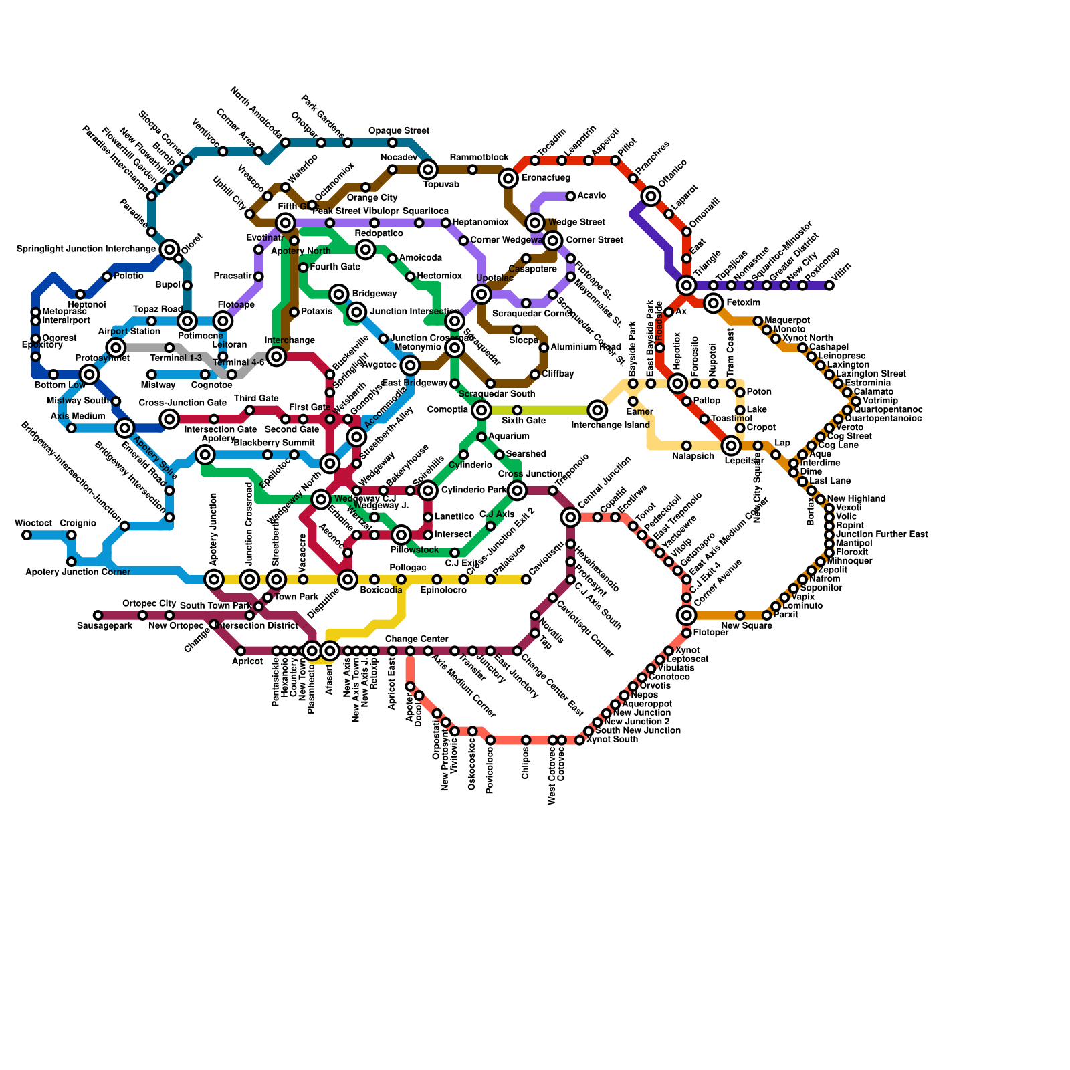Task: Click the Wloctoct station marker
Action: pos(27,535)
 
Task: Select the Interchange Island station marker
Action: pos(597,410)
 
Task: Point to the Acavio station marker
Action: pos(570,196)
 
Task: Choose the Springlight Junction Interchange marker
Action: pos(170,249)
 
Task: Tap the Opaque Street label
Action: pos(399,131)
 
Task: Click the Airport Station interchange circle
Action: pos(116,348)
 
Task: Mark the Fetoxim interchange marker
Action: pos(714,304)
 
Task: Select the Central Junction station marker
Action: pos(570,517)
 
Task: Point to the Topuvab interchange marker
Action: pos(428,170)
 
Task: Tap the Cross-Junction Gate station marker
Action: pos(170,419)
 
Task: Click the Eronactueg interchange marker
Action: pos(508,178)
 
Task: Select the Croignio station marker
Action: pos(72,535)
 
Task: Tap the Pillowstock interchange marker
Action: pos(401,535)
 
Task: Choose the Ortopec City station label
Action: pos(148,604)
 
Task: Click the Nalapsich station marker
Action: pos(686,446)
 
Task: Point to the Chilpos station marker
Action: pos(526,740)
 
